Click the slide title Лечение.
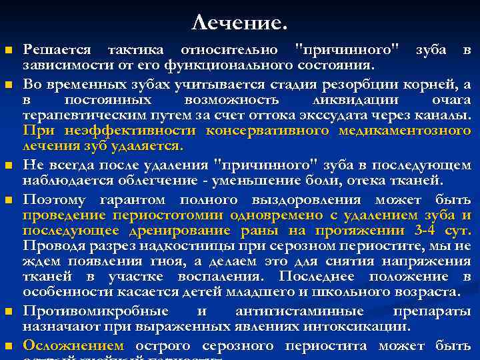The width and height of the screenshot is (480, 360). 239,24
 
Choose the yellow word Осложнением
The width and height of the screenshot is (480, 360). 73,345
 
